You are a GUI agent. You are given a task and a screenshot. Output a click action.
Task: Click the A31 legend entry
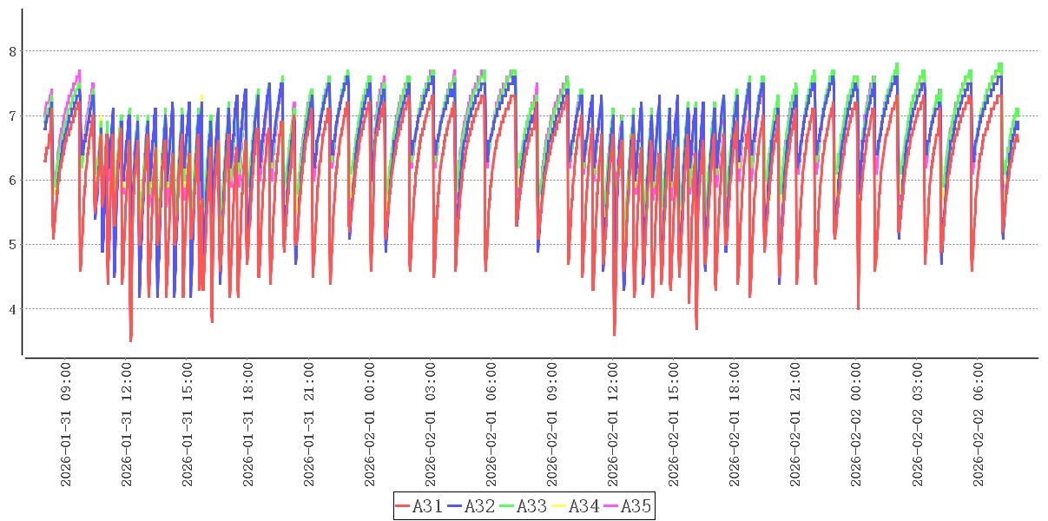coord(419,505)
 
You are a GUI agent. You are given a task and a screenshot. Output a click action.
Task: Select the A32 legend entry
coord(471,505)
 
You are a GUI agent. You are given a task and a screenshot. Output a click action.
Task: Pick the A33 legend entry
coord(524,505)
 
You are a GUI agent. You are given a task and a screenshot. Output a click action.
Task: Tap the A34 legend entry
coord(576,505)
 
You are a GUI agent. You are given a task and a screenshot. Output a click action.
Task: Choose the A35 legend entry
coord(628,505)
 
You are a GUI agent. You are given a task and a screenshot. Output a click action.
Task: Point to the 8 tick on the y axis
coord(12,51)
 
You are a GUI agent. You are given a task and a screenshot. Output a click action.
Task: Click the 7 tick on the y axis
coord(12,115)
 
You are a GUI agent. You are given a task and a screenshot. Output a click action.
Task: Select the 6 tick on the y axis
coord(12,180)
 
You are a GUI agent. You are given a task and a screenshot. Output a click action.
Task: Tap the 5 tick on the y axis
coord(12,244)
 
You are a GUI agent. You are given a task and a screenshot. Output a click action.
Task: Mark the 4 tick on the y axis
coord(12,308)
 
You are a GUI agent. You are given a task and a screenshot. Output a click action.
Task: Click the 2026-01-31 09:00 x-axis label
coord(67,425)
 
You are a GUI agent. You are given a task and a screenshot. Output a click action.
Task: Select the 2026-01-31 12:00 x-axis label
coord(128,425)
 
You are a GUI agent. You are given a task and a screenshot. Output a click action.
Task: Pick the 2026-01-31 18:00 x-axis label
coord(249,425)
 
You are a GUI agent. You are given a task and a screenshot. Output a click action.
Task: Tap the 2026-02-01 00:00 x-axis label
coord(371,425)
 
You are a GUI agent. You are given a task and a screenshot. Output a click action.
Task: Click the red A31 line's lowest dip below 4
coord(131,340)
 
